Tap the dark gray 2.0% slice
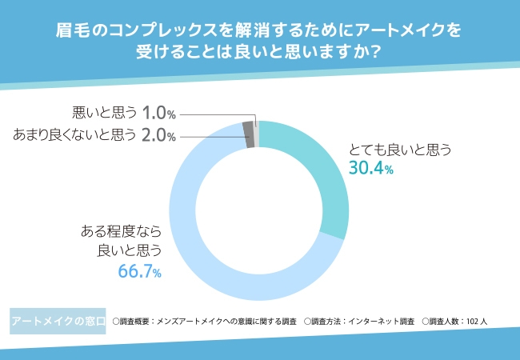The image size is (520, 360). [249, 134]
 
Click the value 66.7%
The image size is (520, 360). [139, 273]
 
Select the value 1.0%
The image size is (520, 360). [158, 113]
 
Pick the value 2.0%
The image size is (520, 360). [158, 135]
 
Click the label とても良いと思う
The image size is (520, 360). [401, 150]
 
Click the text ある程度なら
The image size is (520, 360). [121, 232]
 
